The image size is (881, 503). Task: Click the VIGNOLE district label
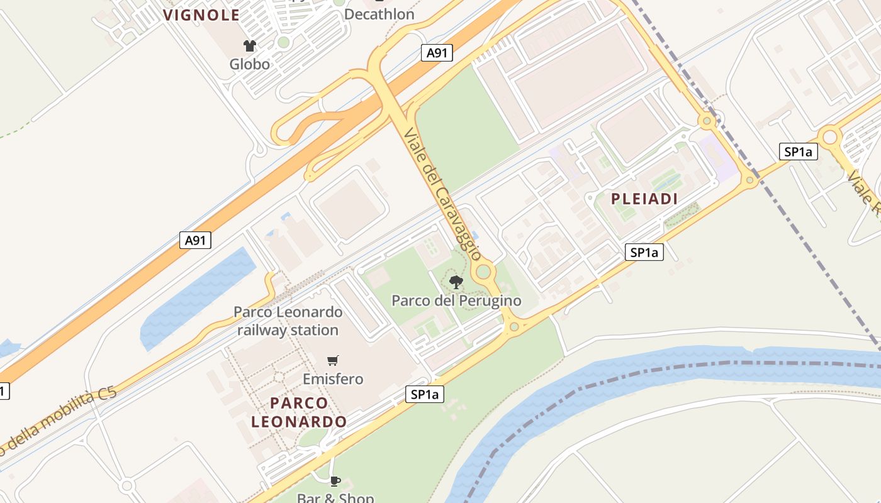point(201,15)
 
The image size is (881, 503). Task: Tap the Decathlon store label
point(379,14)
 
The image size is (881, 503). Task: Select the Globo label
point(249,64)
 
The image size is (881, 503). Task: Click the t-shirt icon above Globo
point(250,45)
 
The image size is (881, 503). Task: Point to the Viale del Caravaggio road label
point(442,194)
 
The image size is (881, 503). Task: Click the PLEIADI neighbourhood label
point(644,199)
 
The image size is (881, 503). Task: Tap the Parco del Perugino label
point(456,301)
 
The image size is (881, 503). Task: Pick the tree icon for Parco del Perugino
point(456,282)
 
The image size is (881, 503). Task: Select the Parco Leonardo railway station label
point(288,321)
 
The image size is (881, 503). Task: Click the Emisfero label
point(333,379)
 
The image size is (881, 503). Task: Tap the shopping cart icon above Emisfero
point(333,360)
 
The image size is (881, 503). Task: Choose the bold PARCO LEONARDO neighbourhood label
point(299,412)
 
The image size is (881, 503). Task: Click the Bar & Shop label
point(335,498)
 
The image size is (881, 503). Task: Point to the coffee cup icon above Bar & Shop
point(335,482)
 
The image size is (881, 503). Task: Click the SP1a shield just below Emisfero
point(425,395)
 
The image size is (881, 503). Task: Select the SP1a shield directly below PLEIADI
point(644,253)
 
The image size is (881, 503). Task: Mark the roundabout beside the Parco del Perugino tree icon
point(483,272)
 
